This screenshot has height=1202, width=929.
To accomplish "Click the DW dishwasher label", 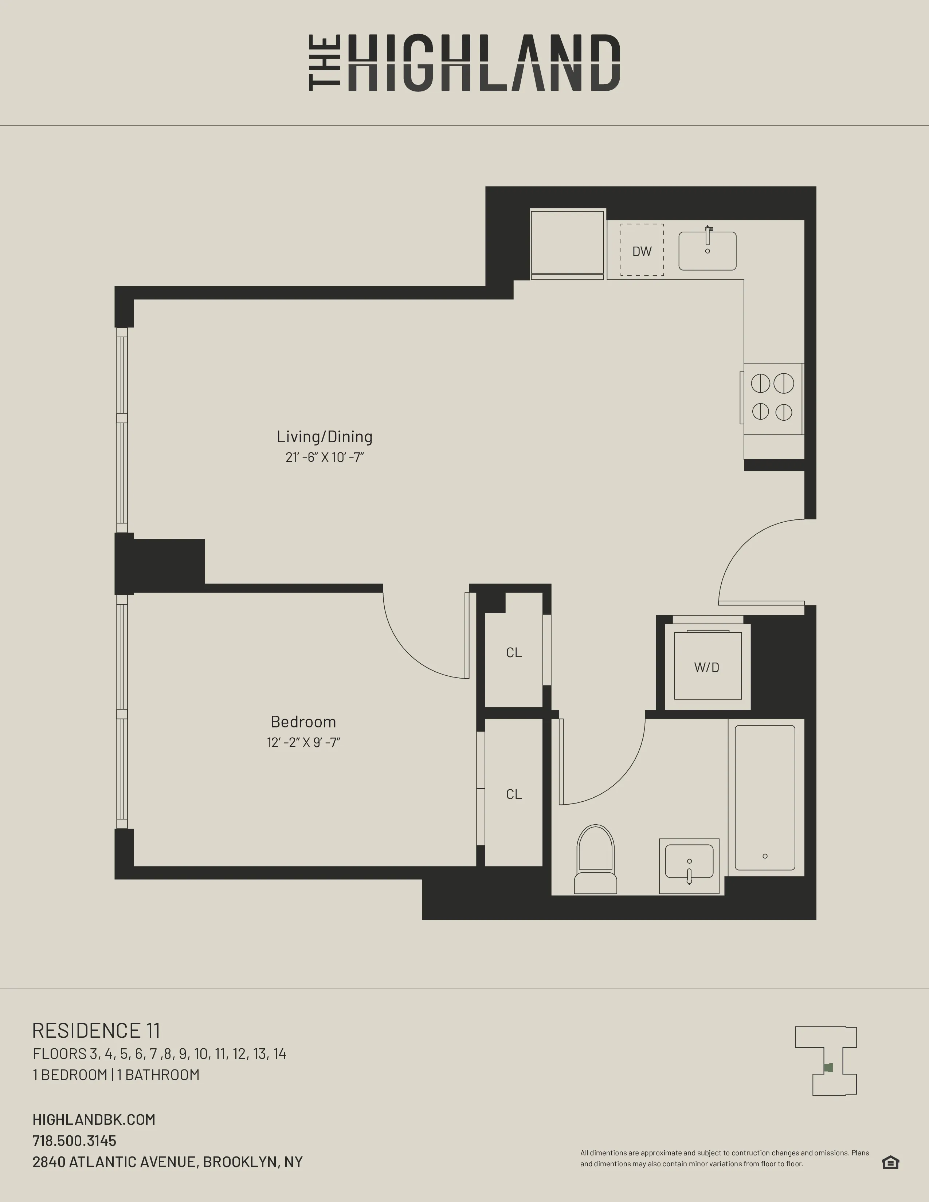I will (x=642, y=252).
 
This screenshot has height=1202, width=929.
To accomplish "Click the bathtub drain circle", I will (x=765, y=856).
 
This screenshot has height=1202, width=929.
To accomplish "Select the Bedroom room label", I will (x=303, y=722).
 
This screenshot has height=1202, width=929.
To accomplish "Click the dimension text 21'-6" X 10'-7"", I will (x=325, y=457).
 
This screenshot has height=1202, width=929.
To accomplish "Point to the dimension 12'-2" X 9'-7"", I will (x=303, y=742).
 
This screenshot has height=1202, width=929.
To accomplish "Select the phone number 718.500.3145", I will (x=74, y=1140).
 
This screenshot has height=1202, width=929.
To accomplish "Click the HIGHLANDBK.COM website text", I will (x=94, y=1119).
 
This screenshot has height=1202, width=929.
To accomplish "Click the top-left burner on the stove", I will (x=761, y=383).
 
